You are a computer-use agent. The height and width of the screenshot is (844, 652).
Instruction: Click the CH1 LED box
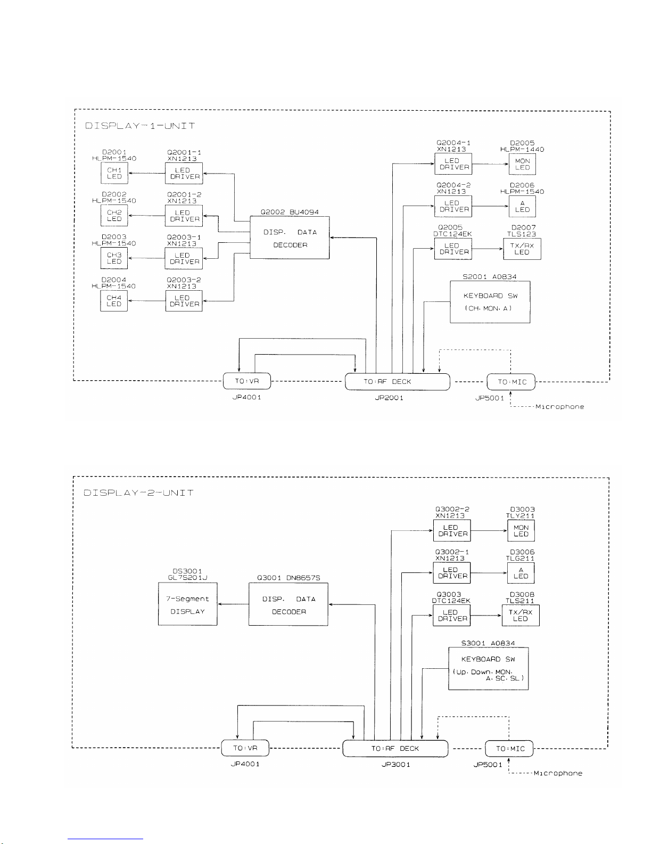(114, 173)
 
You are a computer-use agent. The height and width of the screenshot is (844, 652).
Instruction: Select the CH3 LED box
(114, 258)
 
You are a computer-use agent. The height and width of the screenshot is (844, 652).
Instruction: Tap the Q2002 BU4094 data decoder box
(290, 238)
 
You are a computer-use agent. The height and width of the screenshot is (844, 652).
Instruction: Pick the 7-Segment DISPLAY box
(187, 604)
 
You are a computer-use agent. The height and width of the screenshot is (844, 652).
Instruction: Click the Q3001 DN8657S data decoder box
(288, 605)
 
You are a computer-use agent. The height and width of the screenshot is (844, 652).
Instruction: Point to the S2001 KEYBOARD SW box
(490, 302)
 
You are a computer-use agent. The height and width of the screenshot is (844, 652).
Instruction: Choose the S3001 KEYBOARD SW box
(488, 669)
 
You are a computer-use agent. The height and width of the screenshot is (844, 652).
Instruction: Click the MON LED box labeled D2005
(522, 164)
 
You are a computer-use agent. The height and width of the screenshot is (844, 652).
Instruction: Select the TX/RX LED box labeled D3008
(521, 616)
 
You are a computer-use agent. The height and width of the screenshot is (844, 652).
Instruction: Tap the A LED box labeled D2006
(522, 207)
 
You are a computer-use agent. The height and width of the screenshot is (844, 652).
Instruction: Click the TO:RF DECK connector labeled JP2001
(397, 382)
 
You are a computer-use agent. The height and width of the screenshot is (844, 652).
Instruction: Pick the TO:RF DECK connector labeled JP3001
(395, 748)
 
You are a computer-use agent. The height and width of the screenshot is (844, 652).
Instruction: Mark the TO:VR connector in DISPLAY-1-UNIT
(247, 382)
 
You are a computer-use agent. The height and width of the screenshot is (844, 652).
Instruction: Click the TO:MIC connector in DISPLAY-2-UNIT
(509, 748)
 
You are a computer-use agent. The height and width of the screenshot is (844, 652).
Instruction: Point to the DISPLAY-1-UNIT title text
(139, 126)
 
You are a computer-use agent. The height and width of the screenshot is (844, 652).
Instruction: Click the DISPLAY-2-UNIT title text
(138, 493)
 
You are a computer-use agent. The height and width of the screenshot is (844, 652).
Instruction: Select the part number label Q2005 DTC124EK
(452, 231)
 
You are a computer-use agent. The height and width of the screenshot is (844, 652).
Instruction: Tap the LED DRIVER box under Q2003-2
(184, 301)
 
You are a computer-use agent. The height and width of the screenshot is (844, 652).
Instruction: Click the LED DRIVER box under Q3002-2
(452, 531)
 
